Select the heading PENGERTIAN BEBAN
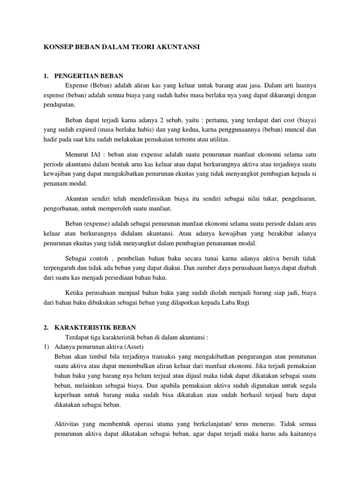click(x=89, y=76)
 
